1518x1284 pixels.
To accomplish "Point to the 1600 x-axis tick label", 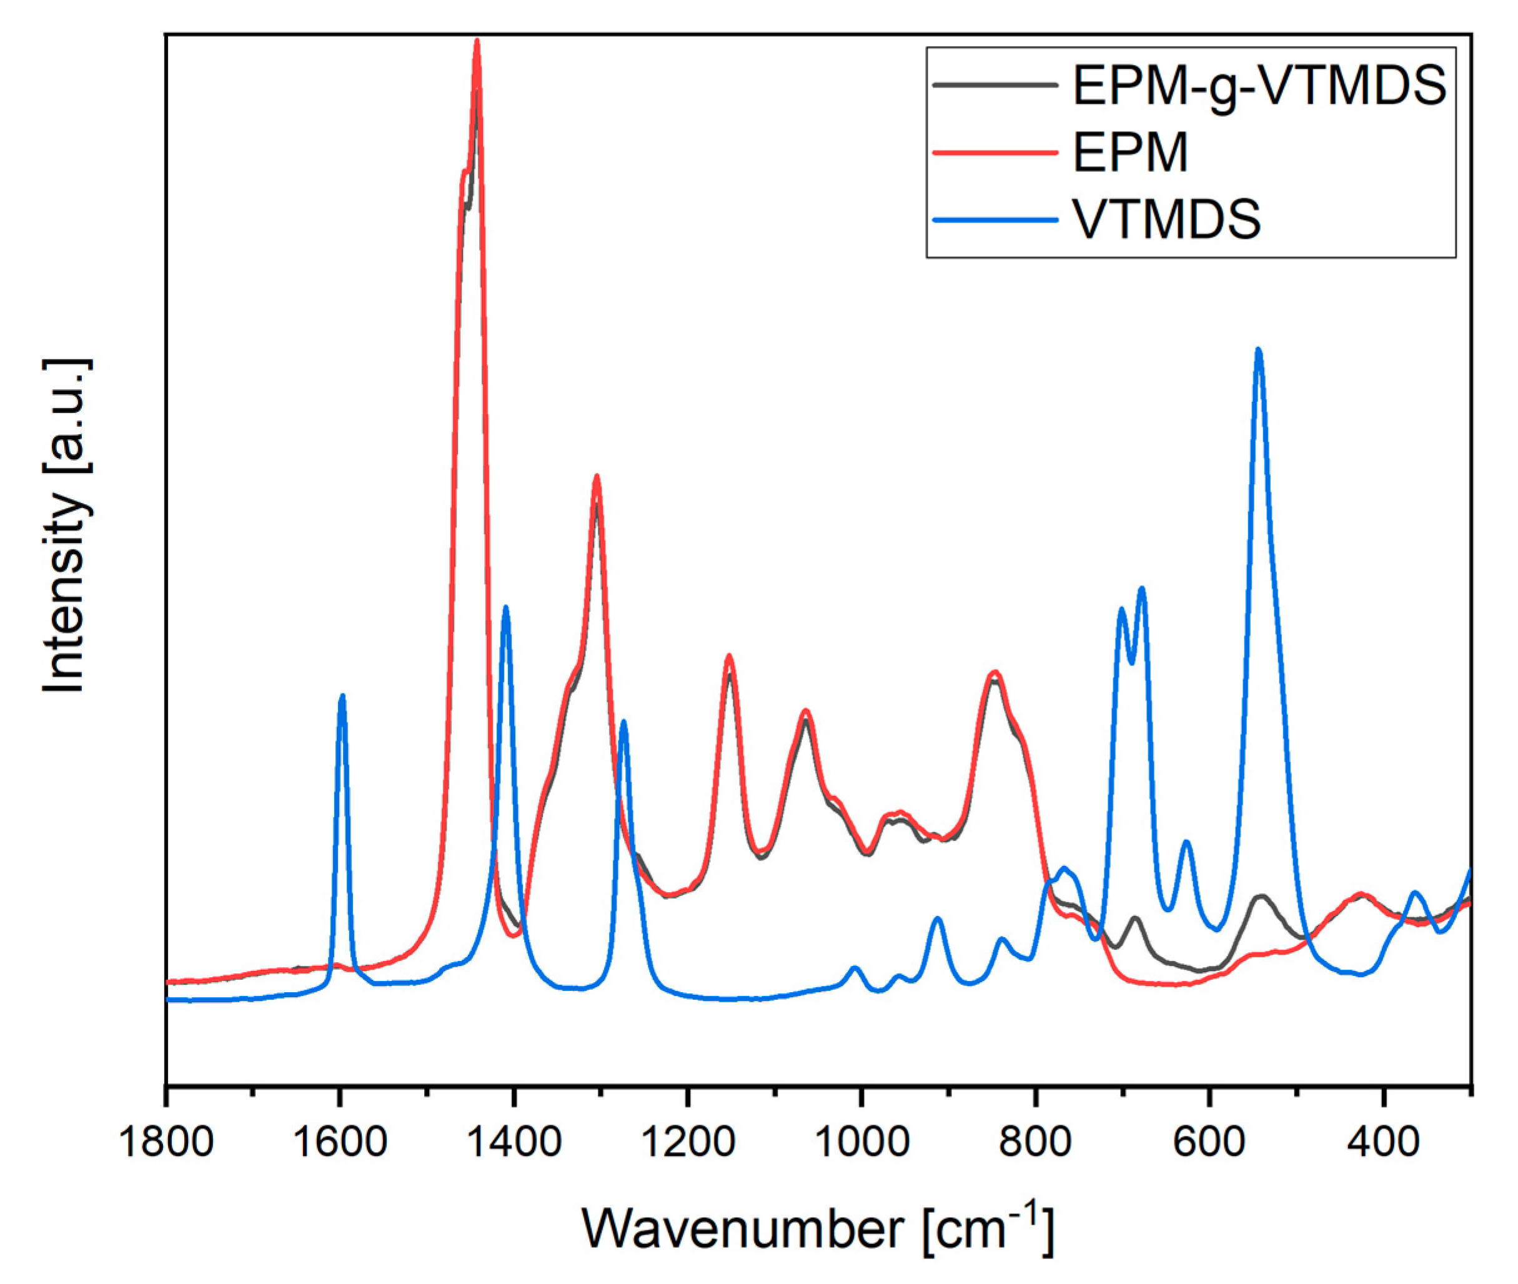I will [x=339, y=1142].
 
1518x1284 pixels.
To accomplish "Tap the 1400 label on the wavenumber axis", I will [x=513, y=1142].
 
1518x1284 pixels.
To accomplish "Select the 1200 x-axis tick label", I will [x=688, y=1142].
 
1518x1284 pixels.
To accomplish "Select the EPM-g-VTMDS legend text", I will [x=1259, y=86].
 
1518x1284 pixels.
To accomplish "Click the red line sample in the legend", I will [x=994, y=152].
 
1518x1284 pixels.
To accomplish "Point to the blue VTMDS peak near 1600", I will [x=342, y=697].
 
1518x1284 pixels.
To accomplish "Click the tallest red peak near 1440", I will [x=477, y=41].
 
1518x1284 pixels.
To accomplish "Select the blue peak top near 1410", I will [x=506, y=607].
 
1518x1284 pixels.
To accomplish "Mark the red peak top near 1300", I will [x=597, y=477].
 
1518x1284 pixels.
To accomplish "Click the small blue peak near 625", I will [x=1187, y=842].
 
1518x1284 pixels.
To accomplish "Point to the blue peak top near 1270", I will [x=623, y=722].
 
